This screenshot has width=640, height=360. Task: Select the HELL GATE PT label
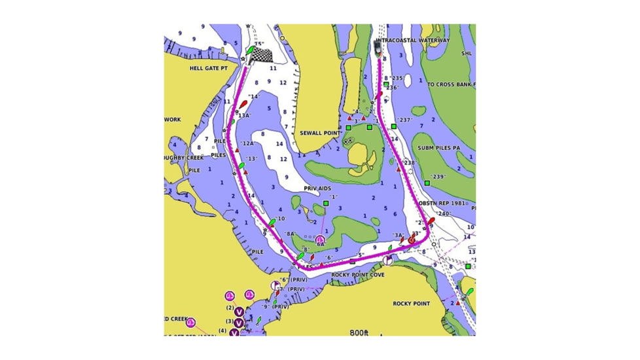[208, 67]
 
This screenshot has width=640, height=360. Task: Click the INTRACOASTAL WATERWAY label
[414, 41]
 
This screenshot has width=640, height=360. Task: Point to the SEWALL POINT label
[321, 133]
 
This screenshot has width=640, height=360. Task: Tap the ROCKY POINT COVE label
[358, 275]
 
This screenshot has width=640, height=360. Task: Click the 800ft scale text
[359, 333]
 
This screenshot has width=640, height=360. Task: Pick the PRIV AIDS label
[317, 188]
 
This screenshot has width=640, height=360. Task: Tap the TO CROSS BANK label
[451, 84]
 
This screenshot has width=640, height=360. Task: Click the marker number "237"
[405, 120]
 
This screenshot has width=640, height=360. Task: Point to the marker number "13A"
[245, 115]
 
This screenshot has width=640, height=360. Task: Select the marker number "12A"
[247, 143]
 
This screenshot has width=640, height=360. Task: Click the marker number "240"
[444, 214]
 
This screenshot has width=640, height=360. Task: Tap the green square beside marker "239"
[427, 183]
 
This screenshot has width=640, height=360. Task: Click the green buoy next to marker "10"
[272, 223]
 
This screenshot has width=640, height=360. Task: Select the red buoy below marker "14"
[243, 104]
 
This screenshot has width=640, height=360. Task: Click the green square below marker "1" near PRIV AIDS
[325, 204]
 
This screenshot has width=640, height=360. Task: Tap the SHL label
[466, 54]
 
